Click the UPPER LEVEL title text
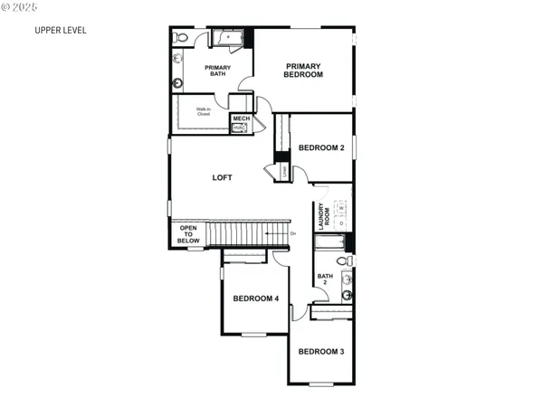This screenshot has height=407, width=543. click(x=61, y=30)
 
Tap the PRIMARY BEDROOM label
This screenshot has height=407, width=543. click(x=304, y=70)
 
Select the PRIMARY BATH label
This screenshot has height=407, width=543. click(x=217, y=71)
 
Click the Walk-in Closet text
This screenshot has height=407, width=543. click(x=204, y=113)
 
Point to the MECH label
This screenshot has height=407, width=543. click(x=241, y=118)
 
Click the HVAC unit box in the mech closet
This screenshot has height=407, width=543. click(x=239, y=128)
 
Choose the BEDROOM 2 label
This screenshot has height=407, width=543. click(x=321, y=147)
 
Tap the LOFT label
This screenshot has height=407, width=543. click(x=223, y=177)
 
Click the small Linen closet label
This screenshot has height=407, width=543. click(x=284, y=170)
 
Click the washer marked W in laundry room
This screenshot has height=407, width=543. click(x=342, y=208)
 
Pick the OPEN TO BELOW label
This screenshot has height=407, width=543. click(x=188, y=234)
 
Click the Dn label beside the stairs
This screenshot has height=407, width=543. click(x=293, y=234)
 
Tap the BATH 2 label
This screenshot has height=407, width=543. click(x=324, y=279)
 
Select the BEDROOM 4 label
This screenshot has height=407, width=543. click(x=255, y=298)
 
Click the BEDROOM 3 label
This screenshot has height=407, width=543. click(x=321, y=351)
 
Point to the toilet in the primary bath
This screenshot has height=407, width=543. click(x=180, y=38)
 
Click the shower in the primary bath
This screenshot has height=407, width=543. click(x=228, y=38)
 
